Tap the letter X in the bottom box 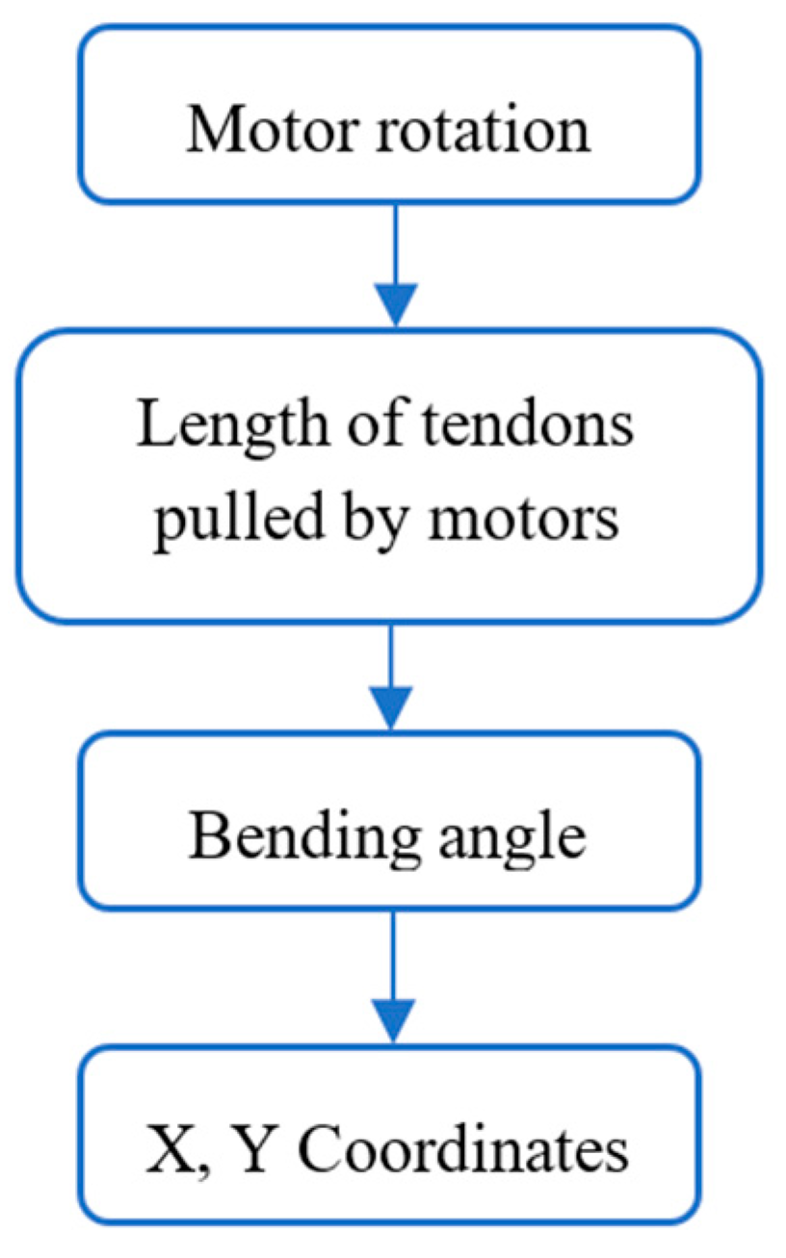point(165,1149)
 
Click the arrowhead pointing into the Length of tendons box point(393,305)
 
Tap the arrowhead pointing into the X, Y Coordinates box point(393,1020)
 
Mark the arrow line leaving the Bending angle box point(393,953)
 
